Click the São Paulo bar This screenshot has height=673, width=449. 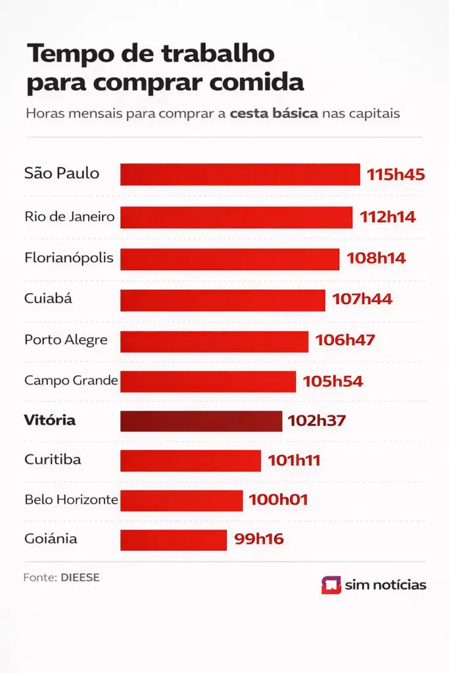tap(240, 175)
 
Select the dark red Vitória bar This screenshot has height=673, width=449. tap(201, 421)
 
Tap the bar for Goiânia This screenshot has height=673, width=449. tap(174, 540)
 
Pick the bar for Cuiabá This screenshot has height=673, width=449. tap(222, 300)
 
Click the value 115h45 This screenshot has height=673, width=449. tap(396, 175)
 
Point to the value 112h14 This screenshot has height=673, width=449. tap(387, 217)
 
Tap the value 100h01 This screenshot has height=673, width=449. tap(278, 500)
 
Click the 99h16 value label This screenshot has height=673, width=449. tap(258, 540)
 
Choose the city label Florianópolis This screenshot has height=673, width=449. tap(68, 258)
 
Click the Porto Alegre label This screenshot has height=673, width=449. tap(66, 340)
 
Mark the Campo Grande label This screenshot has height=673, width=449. tap(71, 380)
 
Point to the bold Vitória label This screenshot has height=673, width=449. tap(50, 420)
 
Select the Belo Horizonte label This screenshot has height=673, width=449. tap(71, 499)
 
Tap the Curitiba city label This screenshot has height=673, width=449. tap(53, 459)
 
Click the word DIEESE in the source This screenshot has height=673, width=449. tap(80, 578)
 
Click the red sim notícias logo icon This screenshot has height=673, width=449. tap(331, 585)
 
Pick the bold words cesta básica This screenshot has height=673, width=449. tap(273, 113)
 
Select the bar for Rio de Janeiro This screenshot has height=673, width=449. tap(236, 218)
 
